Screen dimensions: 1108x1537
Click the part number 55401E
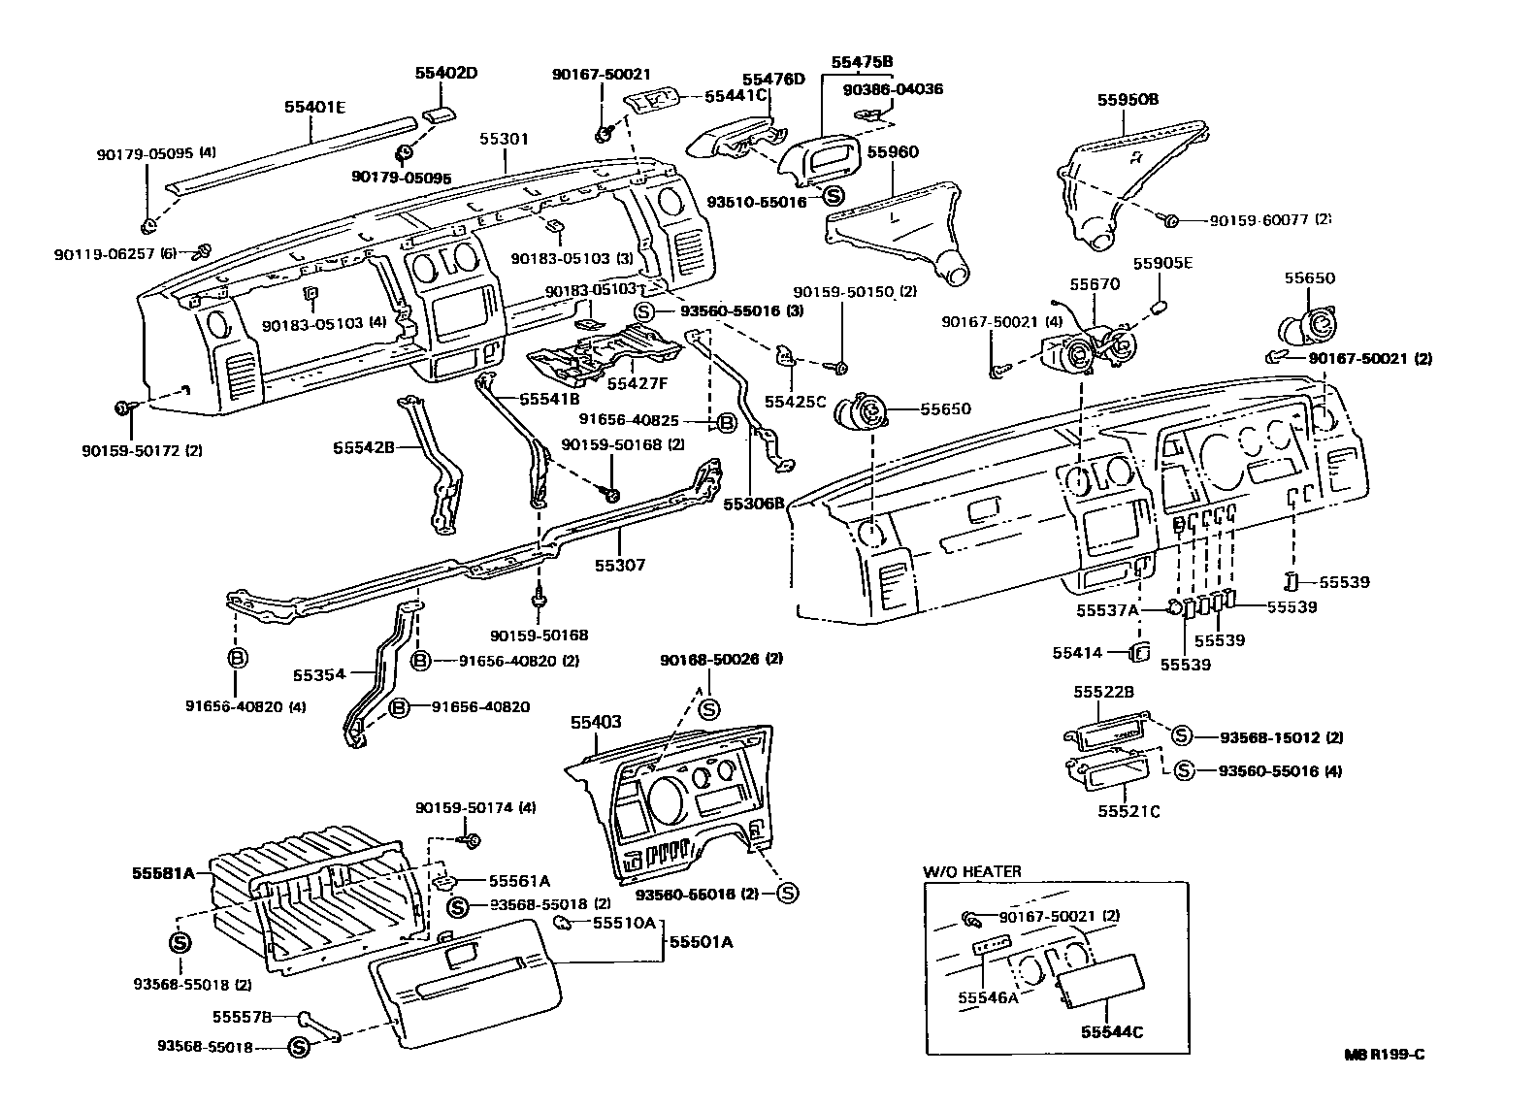click(x=314, y=107)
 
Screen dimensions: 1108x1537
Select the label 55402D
click(x=447, y=73)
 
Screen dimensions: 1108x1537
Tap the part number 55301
click(x=504, y=140)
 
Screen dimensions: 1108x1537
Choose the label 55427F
click(x=637, y=382)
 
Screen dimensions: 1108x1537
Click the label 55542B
click(x=363, y=448)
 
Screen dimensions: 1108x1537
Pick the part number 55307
click(x=620, y=565)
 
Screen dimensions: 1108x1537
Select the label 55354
click(x=319, y=673)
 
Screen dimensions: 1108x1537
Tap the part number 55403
click(x=596, y=723)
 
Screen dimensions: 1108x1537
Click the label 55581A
click(x=164, y=872)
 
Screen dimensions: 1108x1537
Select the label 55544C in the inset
click(x=1112, y=1032)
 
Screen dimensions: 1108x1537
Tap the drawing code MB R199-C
click(x=1385, y=1056)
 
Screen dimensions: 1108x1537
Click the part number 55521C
click(x=1128, y=811)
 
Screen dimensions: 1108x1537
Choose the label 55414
click(x=1077, y=653)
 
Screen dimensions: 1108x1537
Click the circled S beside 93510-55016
click(x=833, y=195)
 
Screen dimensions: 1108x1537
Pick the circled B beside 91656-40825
click(x=725, y=422)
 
